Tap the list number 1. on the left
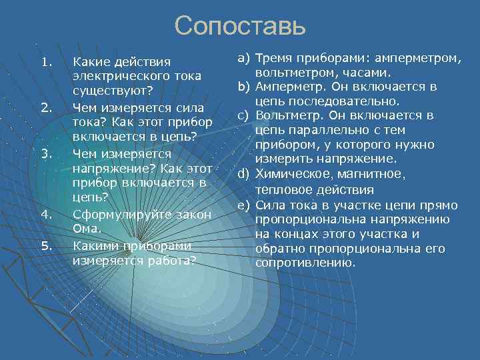click(x=45, y=62)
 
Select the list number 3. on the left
click(x=45, y=154)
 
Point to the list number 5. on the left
click(x=45, y=245)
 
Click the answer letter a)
click(x=243, y=58)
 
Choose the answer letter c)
click(x=243, y=116)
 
